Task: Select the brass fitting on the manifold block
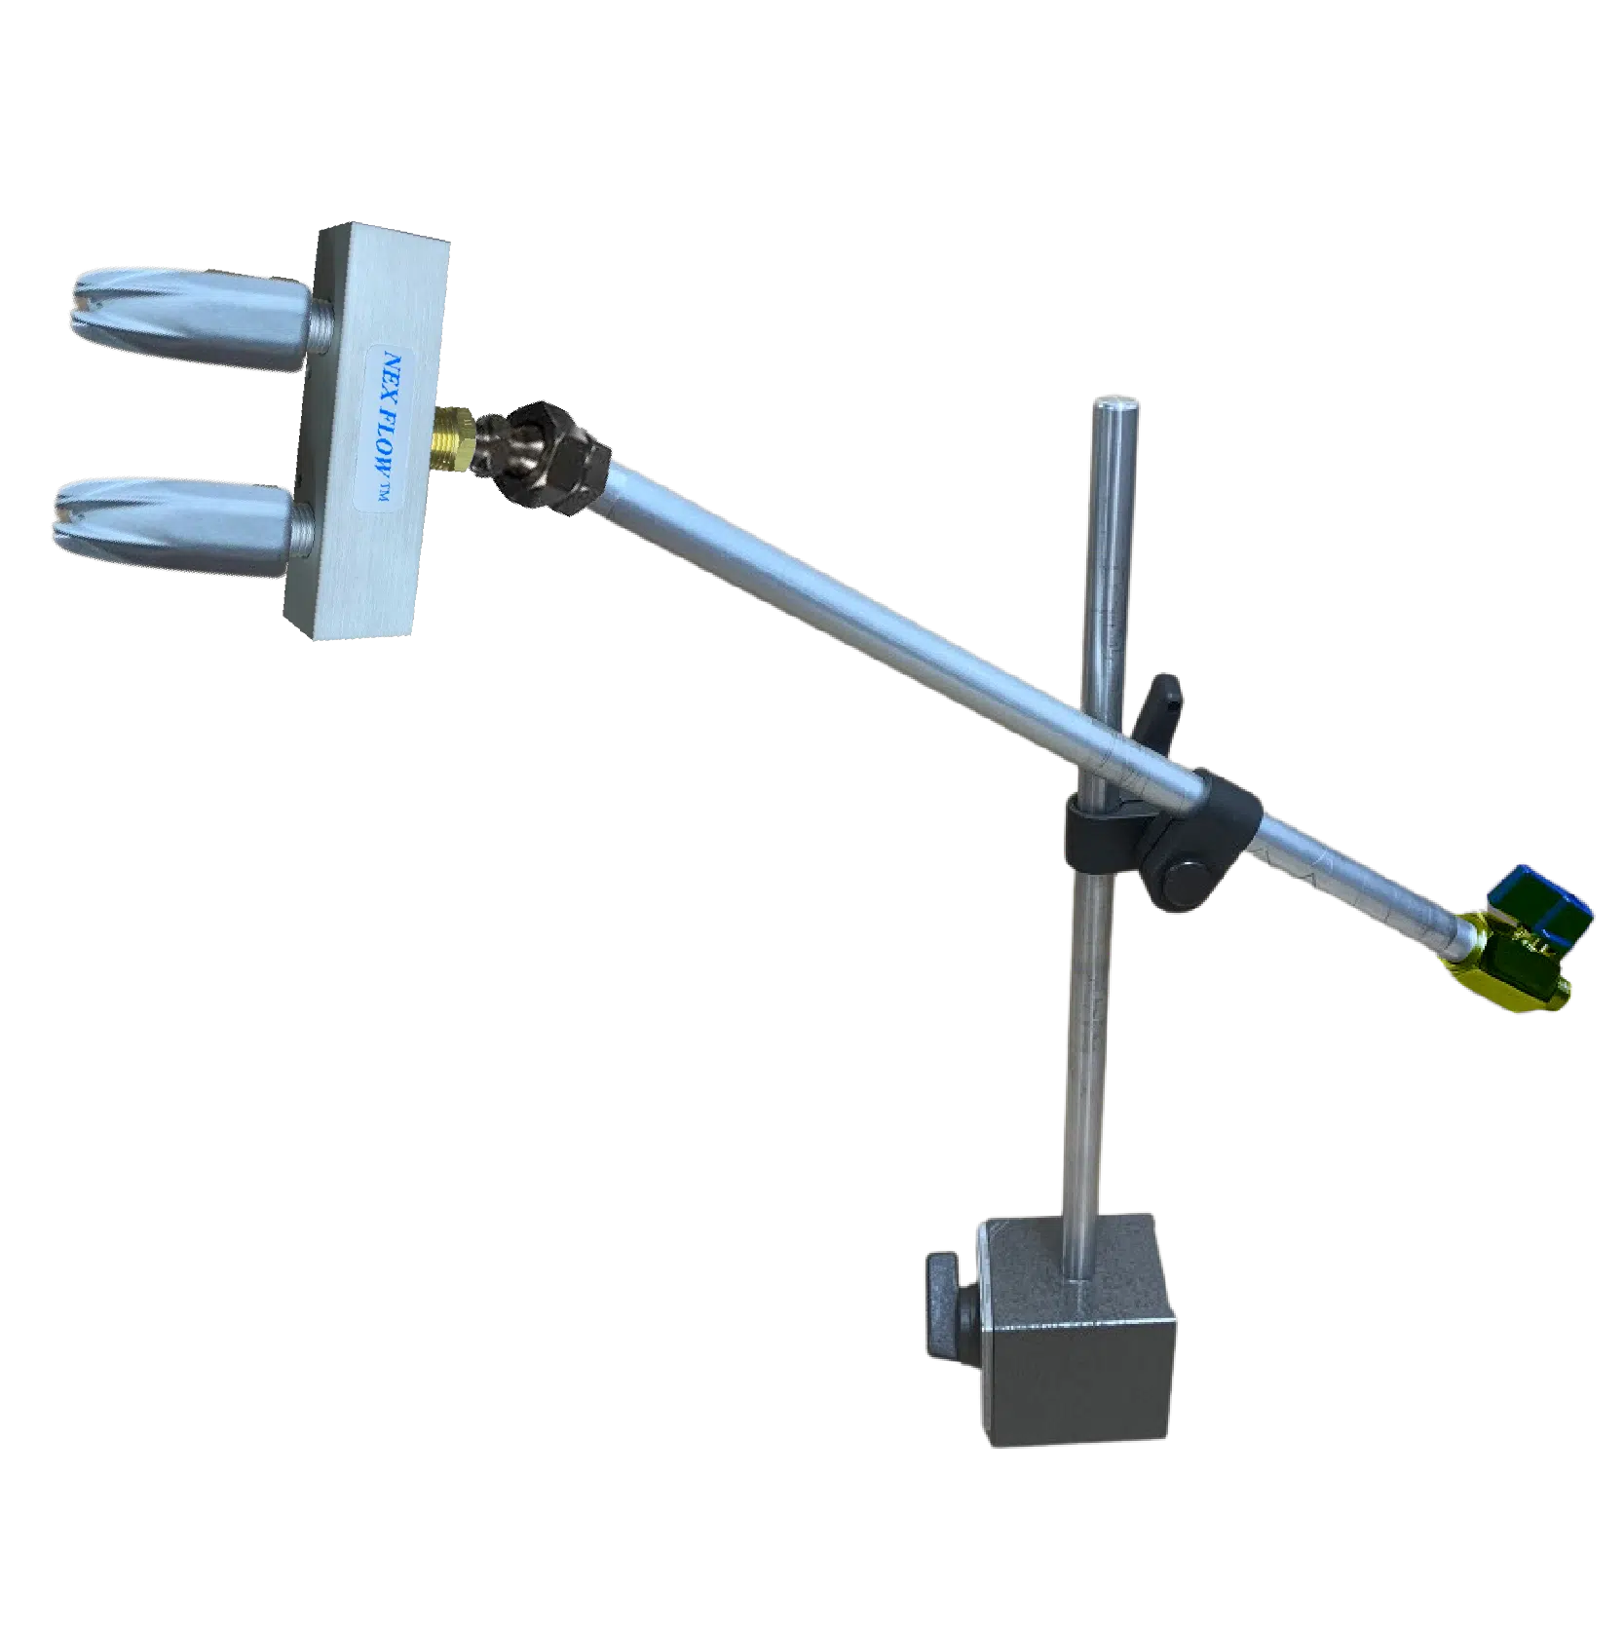(x=456, y=439)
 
